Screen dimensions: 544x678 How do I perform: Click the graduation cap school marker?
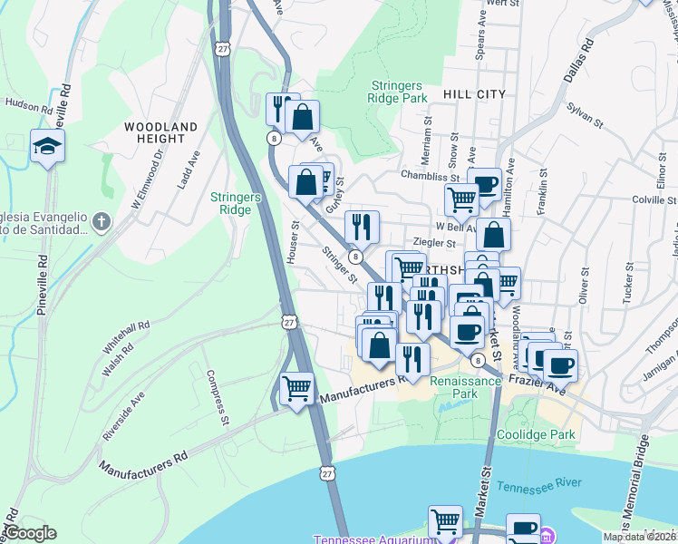pos(47,145)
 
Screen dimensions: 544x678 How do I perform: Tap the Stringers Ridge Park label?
pos(398,92)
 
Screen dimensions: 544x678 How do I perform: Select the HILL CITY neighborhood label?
pos(474,94)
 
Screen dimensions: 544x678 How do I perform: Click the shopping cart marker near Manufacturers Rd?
pos(296,389)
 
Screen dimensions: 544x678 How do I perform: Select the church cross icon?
pos(102,221)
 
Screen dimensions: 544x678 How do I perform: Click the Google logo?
pos(29,533)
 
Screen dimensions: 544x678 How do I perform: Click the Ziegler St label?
pos(433,243)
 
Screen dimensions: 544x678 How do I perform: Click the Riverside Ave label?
pos(124,415)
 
